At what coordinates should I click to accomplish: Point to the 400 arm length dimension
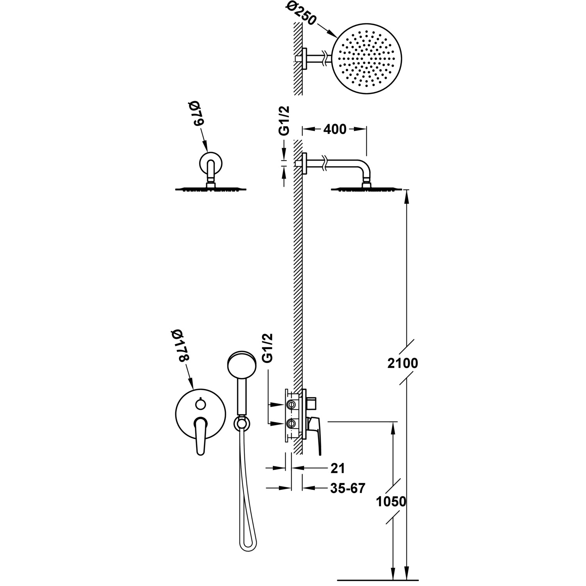pyautogui.click(x=335, y=129)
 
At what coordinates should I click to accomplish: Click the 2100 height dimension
pyautogui.click(x=402, y=363)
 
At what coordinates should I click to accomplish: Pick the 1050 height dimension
pyautogui.click(x=391, y=501)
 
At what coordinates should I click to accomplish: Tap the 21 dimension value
pyautogui.click(x=338, y=468)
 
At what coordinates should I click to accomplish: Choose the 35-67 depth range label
pyautogui.click(x=347, y=488)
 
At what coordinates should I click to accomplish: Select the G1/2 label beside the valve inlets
pyautogui.click(x=268, y=347)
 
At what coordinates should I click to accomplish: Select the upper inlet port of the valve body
pyautogui.click(x=291, y=404)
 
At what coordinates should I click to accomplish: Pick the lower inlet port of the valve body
pyautogui.click(x=291, y=423)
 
